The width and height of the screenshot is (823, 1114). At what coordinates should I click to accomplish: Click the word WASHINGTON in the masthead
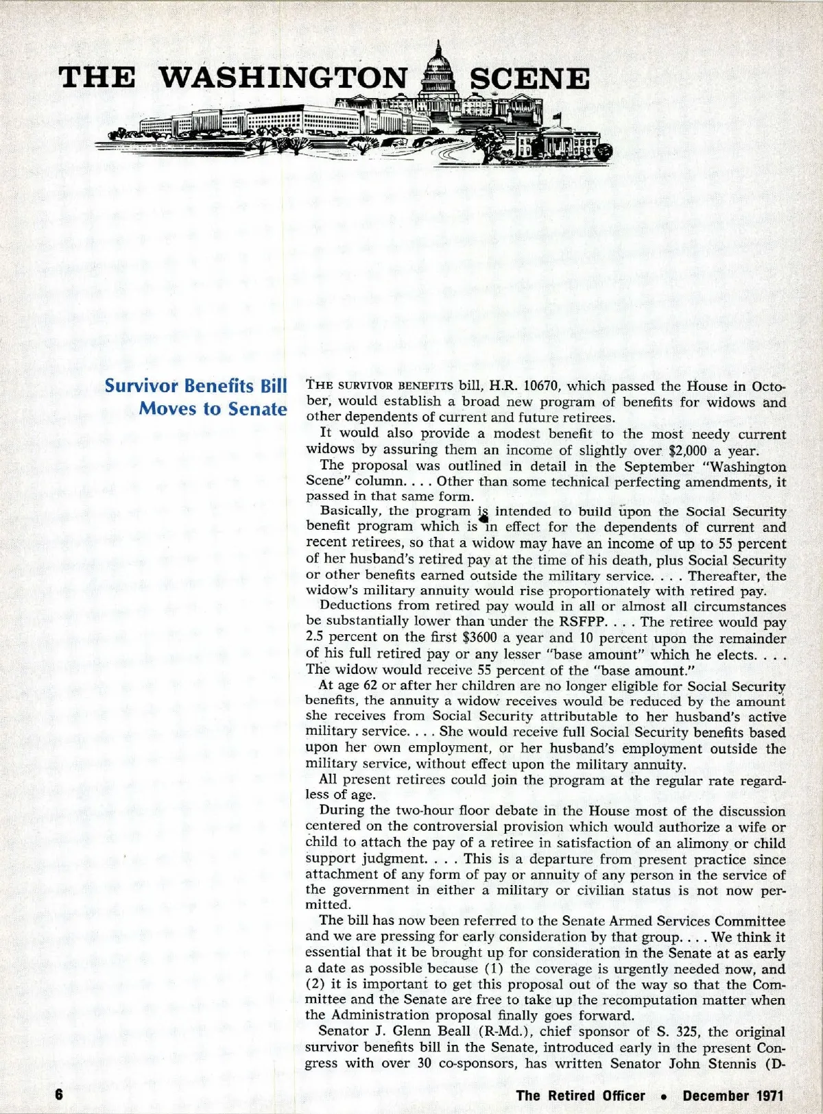(x=283, y=78)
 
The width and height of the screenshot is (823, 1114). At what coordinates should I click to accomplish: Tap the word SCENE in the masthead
(x=529, y=79)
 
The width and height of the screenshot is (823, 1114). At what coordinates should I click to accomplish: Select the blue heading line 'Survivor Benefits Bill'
(x=195, y=386)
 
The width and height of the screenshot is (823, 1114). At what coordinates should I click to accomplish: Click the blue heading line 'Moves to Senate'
(x=213, y=409)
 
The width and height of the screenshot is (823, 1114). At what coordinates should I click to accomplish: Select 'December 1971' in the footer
(x=732, y=1095)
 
